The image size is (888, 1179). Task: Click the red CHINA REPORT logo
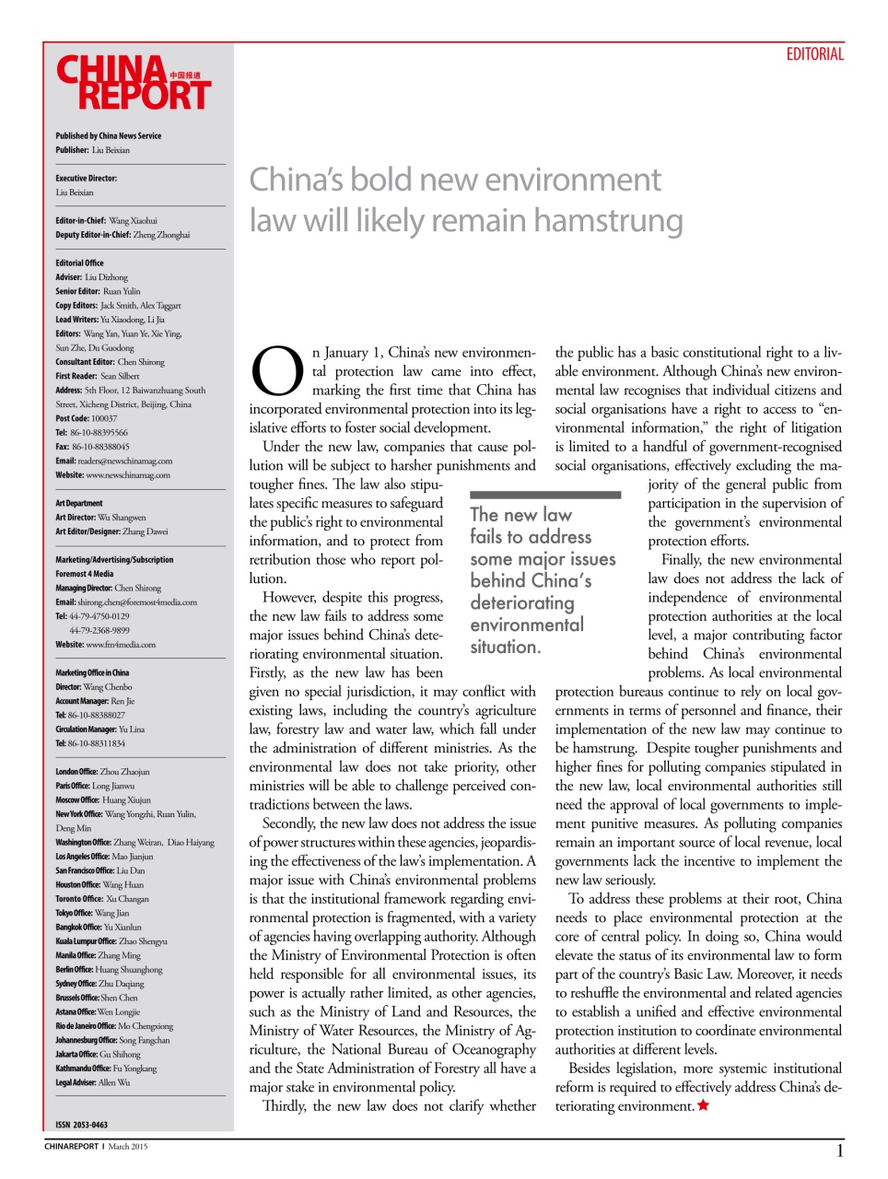[133, 83]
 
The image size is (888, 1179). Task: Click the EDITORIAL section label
[814, 54]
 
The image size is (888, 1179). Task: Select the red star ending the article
[704, 1105]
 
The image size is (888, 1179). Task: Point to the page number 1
[839, 1150]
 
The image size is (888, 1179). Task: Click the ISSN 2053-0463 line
[81, 1125]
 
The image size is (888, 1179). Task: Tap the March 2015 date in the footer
[127, 1147]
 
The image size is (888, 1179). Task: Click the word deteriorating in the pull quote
[521, 603]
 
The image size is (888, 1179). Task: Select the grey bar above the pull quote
[545, 495]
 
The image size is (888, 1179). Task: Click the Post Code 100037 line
[87, 418]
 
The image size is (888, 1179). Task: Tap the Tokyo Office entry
[92, 913]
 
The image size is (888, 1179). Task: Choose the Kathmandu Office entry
[106, 1068]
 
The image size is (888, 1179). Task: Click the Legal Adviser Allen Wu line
[92, 1082]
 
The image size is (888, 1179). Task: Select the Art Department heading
[79, 503]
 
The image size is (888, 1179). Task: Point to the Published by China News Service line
[108, 135]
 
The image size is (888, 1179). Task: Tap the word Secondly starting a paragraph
[288, 823]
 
